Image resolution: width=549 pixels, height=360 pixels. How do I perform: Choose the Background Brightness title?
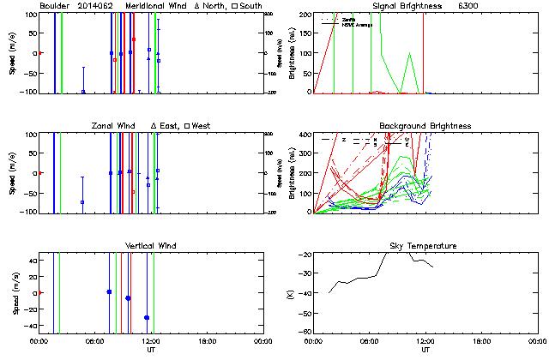[425, 126]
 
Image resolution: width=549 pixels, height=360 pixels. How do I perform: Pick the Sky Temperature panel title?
[426, 246]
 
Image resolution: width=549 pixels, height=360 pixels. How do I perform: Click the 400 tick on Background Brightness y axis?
[305, 135]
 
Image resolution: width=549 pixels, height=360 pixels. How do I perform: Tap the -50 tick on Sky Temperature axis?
[304, 313]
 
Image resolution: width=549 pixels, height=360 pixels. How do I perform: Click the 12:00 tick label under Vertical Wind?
[150, 342]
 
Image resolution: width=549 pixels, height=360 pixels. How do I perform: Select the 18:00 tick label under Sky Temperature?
[482, 342]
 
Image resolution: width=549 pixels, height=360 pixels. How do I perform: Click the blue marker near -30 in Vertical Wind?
[147, 317]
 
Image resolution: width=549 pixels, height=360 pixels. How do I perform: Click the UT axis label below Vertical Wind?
[150, 351]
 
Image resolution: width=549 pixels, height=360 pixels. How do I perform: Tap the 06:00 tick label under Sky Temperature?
[370, 342]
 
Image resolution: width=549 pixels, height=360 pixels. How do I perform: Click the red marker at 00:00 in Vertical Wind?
[39, 293]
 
